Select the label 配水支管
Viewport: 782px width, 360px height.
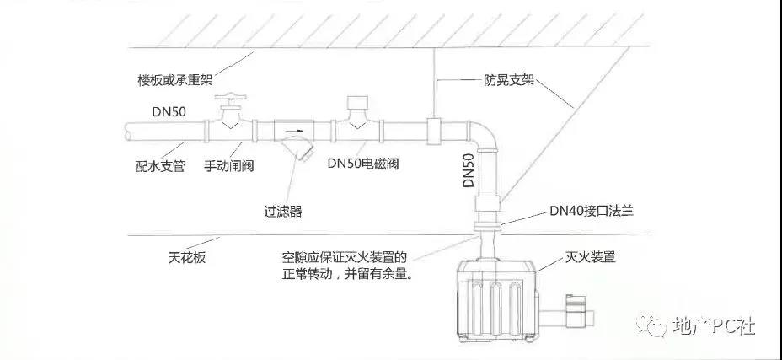click(159, 166)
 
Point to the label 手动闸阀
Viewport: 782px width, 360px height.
click(228, 166)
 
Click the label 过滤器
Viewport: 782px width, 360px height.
click(282, 212)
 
